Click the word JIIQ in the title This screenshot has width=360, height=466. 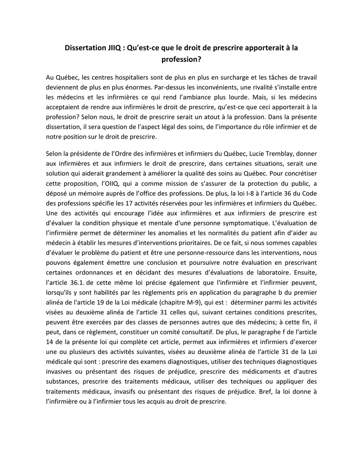click(x=115, y=47)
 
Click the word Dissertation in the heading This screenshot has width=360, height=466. click(x=85, y=47)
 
